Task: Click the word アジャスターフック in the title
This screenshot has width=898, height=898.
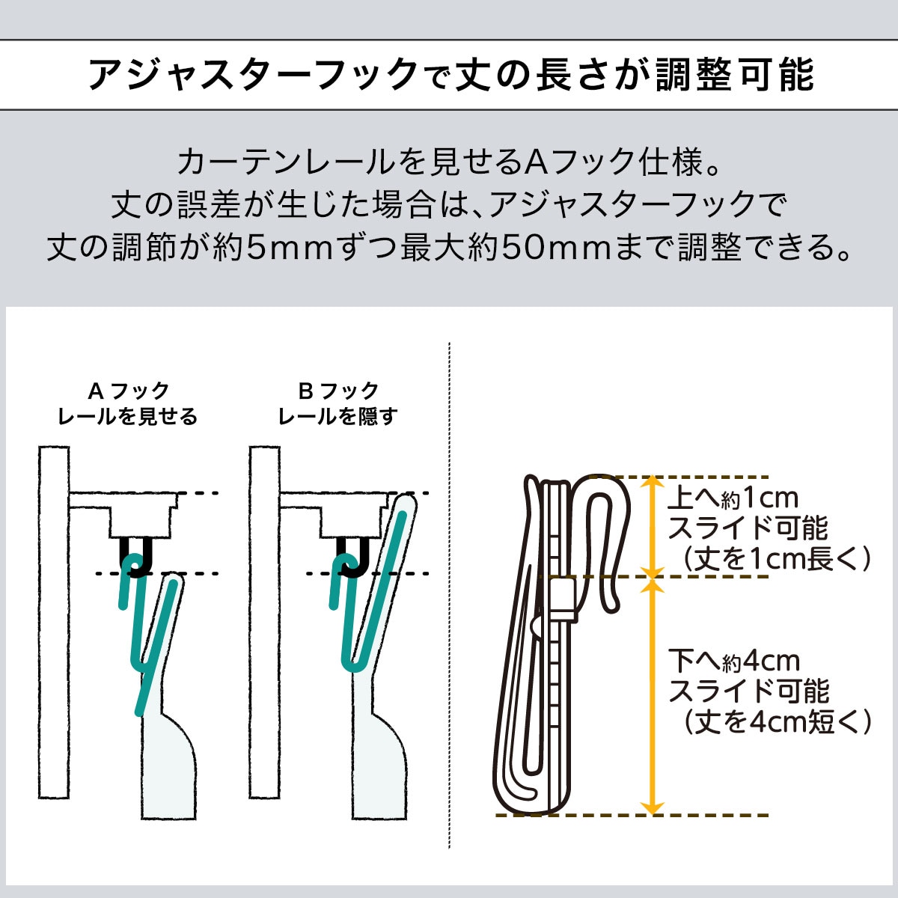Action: click(x=254, y=75)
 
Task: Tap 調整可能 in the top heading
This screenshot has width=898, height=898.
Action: click(x=736, y=75)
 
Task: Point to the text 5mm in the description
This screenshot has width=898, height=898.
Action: click(x=290, y=248)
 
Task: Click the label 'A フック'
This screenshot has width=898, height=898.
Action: click(x=129, y=391)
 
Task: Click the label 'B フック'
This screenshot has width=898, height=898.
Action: click(x=339, y=391)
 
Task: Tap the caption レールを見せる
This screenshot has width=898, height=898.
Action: click(x=128, y=416)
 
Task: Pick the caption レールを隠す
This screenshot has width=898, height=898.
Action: click(x=337, y=416)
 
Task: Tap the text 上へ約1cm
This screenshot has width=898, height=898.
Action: click(x=733, y=498)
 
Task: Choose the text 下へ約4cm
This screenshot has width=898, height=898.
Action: click(x=734, y=662)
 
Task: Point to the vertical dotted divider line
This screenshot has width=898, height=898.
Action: click(x=449, y=595)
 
